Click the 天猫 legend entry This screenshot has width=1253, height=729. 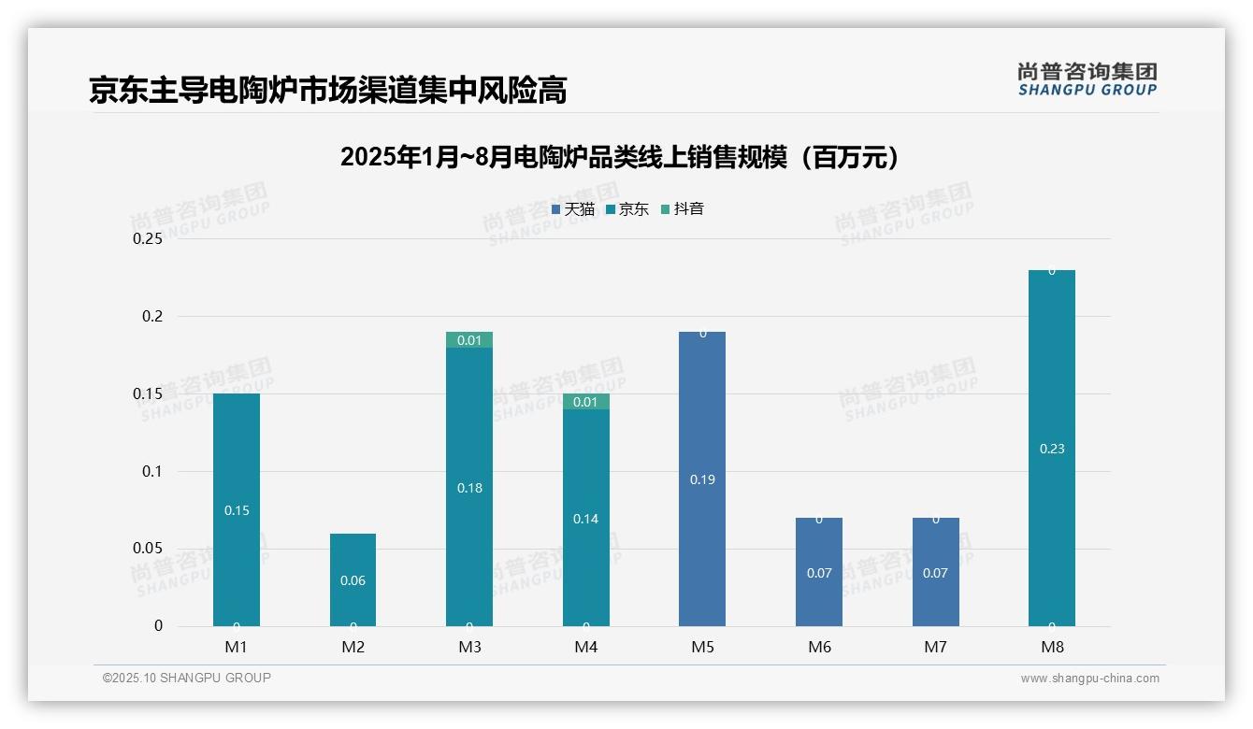[x=573, y=209]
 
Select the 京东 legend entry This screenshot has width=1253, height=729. [x=627, y=209]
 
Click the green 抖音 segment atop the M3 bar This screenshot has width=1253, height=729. [x=469, y=340]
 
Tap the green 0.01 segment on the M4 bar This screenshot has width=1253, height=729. [x=586, y=402]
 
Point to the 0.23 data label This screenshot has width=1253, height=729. [x=1052, y=449]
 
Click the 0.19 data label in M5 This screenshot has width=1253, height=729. [x=702, y=479]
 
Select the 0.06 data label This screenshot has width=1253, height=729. [x=353, y=580]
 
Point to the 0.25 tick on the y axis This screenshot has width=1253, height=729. [x=147, y=239]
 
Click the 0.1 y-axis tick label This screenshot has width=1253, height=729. [x=152, y=471]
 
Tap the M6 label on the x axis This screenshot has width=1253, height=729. [x=819, y=647]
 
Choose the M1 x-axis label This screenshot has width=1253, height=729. [x=237, y=647]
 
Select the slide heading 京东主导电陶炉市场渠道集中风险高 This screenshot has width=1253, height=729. [x=328, y=91]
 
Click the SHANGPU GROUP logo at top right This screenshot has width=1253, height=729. [x=1087, y=79]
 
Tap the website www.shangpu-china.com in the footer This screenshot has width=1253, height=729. [x=1089, y=679]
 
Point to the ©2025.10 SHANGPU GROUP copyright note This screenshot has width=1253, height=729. [x=187, y=679]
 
